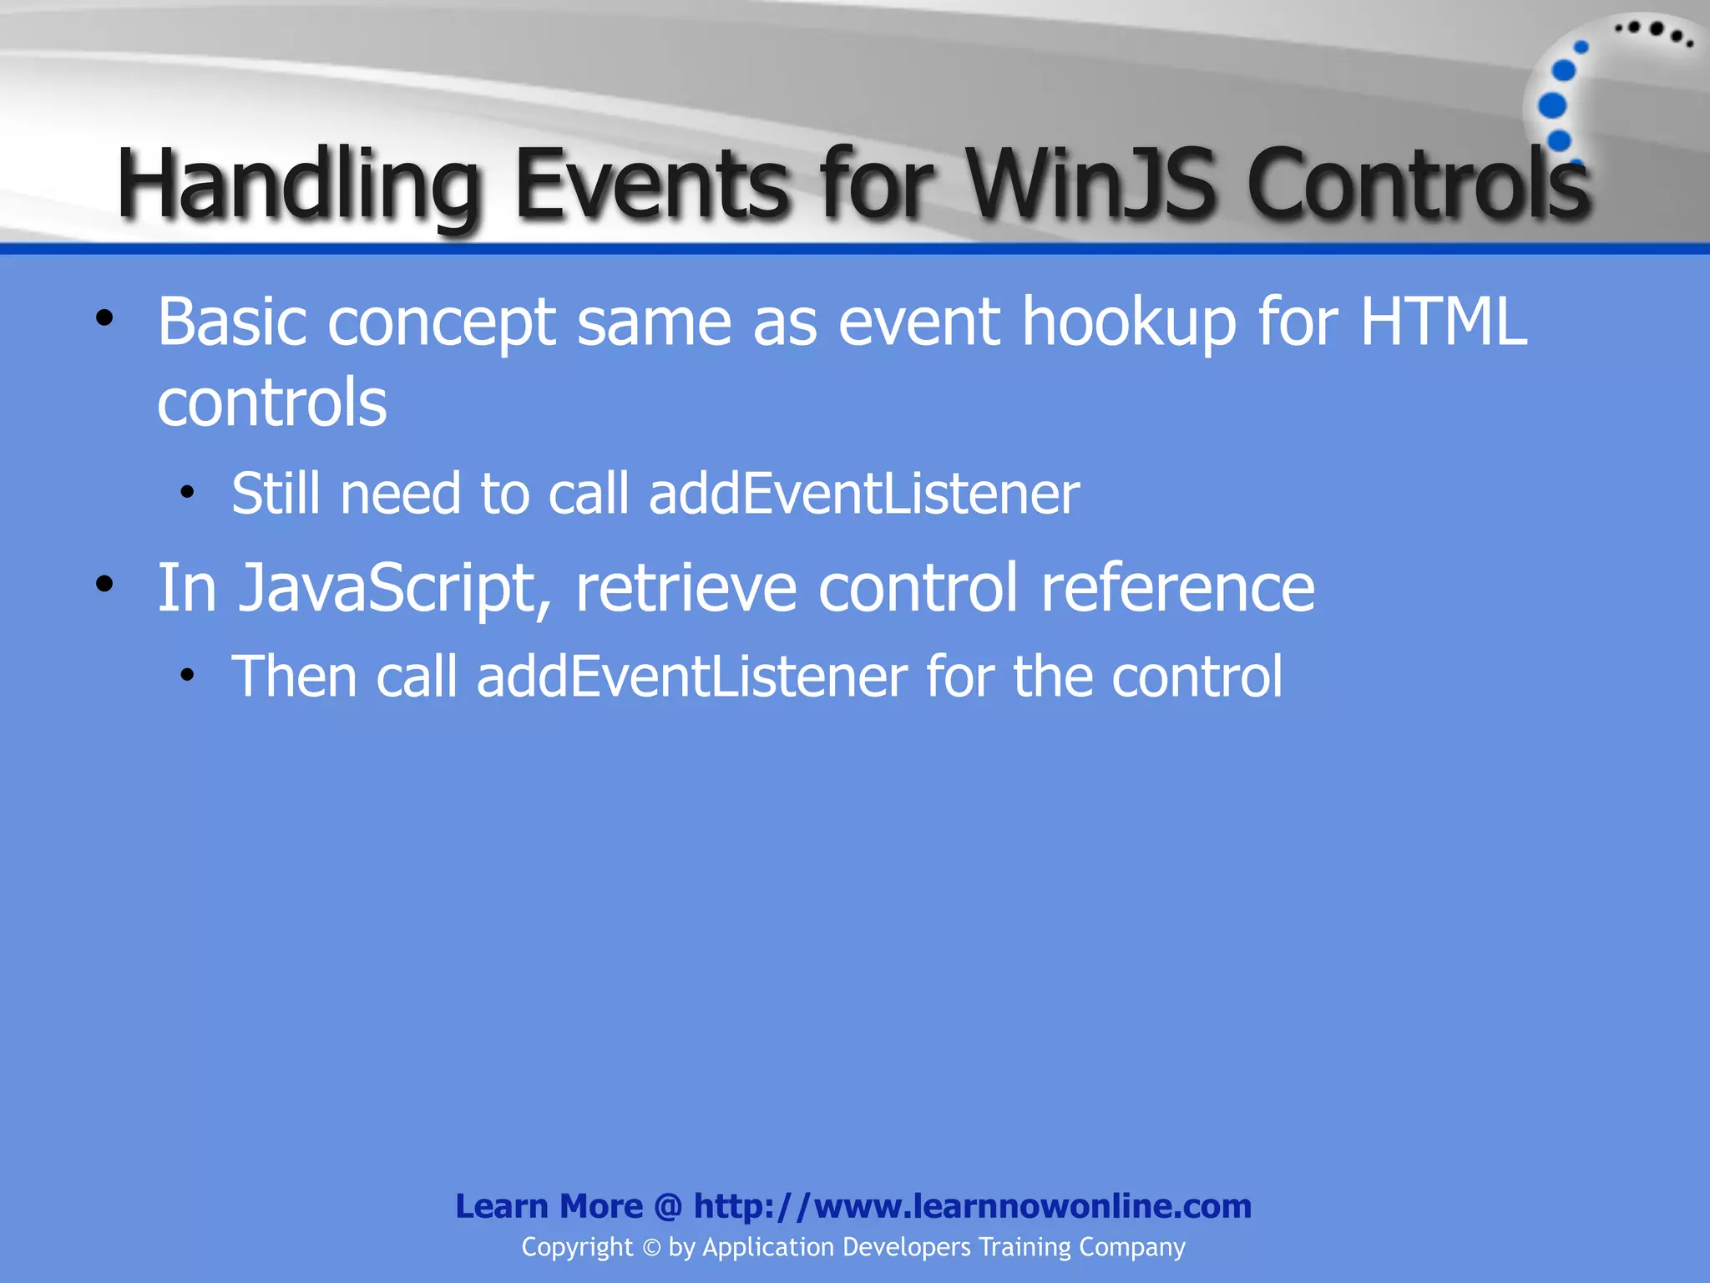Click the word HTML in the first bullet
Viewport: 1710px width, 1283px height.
point(1444,322)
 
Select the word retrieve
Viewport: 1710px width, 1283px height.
point(686,588)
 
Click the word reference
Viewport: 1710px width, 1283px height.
point(1177,588)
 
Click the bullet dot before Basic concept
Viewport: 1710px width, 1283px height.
point(104,318)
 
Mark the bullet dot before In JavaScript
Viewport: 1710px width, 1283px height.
point(104,585)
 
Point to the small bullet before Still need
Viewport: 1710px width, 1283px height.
point(187,492)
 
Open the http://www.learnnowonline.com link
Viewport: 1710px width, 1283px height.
point(972,1206)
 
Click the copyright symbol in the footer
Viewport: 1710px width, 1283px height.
point(651,1248)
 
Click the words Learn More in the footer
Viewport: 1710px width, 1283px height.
point(549,1206)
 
